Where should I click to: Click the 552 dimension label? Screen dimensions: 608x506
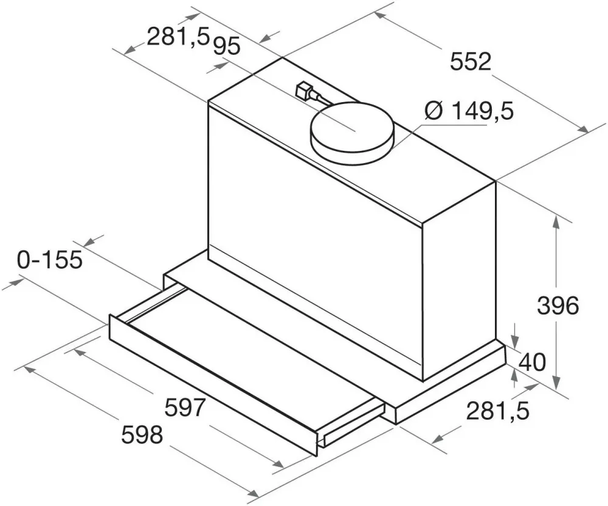pyautogui.click(x=471, y=61)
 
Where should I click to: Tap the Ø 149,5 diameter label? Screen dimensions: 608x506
pyautogui.click(x=469, y=111)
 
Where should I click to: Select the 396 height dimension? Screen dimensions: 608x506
pyautogui.click(x=558, y=306)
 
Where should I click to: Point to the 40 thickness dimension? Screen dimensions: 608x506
pyautogui.click(x=531, y=362)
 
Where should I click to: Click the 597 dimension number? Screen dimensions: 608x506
pyautogui.click(x=184, y=407)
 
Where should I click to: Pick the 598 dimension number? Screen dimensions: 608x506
pyautogui.click(x=142, y=435)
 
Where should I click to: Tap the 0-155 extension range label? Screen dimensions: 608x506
pyautogui.click(x=50, y=260)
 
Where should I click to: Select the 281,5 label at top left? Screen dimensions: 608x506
pyautogui.click(x=178, y=37)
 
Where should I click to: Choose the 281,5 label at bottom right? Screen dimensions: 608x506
pyautogui.click(x=497, y=411)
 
